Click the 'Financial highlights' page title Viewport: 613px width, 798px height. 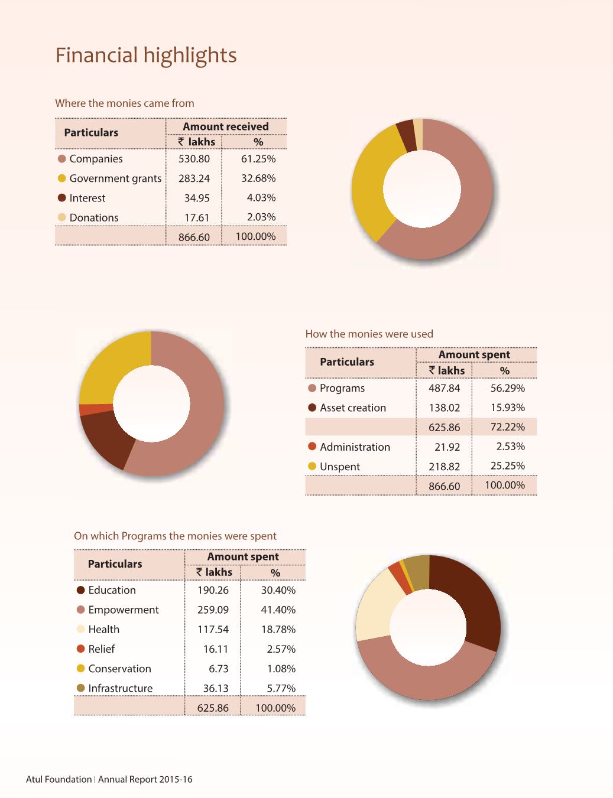[146, 55]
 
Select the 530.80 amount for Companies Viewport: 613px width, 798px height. [194, 159]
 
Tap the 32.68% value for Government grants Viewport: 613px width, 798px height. [258, 178]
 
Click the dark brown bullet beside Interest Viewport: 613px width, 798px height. [61, 198]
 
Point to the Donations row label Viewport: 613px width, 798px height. [93, 217]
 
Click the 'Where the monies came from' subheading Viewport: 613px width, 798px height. [124, 103]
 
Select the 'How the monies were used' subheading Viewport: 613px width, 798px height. [369, 334]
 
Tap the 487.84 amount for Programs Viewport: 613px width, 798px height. [444, 388]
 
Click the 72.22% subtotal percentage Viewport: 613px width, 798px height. [507, 427]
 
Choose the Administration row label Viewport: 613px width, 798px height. [355, 447]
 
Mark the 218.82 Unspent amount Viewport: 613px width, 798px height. [444, 467]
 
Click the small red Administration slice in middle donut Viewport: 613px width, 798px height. [95, 409]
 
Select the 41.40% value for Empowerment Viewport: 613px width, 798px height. [278, 610]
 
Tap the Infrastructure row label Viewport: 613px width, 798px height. [120, 688]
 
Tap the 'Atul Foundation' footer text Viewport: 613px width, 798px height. [59, 779]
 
